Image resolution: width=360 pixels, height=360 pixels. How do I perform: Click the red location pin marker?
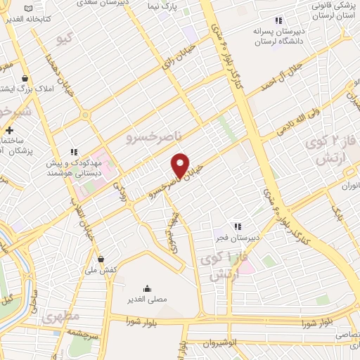point(181,165)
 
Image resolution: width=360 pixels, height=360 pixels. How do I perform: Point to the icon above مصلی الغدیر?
point(147,288)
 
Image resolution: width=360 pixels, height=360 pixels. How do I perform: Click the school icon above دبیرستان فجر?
point(238,226)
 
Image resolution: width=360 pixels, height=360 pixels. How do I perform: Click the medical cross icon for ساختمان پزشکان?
point(8,130)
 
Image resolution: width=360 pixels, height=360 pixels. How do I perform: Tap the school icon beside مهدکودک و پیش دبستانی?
point(72,152)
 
